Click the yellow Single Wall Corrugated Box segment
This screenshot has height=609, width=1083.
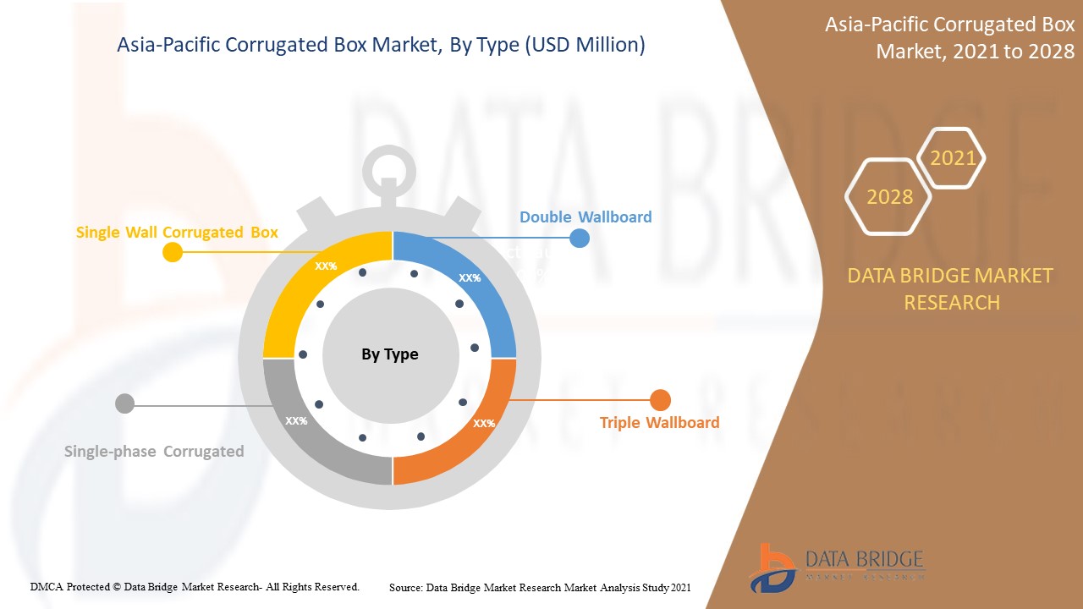305,288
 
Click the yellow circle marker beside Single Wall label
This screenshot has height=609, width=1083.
172,251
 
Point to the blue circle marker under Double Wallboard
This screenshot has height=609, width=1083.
580,238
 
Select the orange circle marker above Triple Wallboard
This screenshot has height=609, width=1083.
660,400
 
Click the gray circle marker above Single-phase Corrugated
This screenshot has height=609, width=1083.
124,403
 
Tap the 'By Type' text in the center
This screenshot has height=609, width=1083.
390,354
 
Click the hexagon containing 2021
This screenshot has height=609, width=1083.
953,158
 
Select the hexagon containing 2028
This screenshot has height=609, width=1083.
889,197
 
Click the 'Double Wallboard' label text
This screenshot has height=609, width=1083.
585,217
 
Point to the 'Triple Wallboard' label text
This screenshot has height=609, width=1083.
659,422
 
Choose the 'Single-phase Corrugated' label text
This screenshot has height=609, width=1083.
154,451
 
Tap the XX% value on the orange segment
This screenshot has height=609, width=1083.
484,423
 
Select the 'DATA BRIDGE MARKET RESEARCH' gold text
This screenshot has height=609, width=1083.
951,288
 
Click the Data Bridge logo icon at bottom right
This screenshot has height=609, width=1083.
772,568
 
